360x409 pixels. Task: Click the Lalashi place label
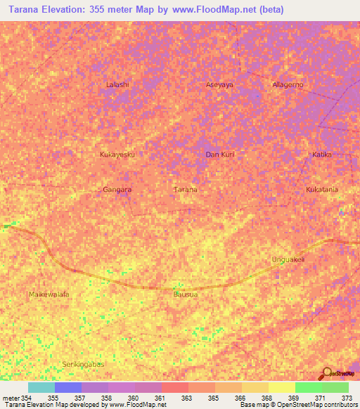point(117,85)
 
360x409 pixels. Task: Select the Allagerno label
point(288,85)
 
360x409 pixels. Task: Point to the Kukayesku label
point(117,154)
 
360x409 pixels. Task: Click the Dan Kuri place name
point(219,154)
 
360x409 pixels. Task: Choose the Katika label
point(321,154)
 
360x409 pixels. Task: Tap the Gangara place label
point(117,190)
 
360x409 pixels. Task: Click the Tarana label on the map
point(185,190)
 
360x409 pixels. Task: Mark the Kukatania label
point(322,190)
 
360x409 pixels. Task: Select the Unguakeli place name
point(288,259)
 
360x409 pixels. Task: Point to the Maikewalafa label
point(49,294)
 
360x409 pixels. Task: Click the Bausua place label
point(185,294)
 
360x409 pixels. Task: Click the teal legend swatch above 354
point(41,387)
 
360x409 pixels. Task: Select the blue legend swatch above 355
point(67,387)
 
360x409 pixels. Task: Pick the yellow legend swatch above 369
point(281,387)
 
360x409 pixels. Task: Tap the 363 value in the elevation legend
point(186,398)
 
